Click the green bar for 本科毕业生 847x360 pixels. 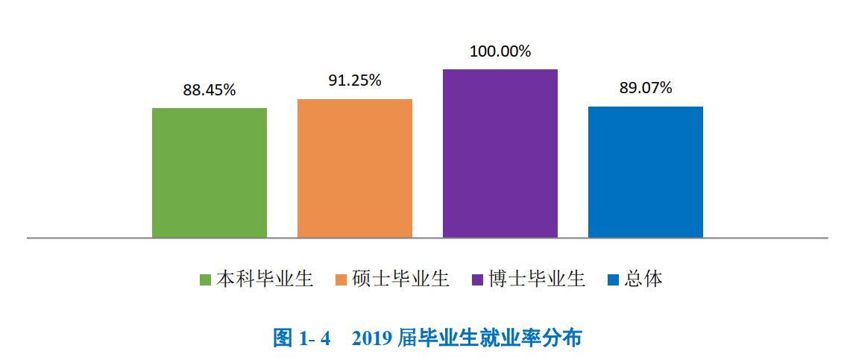[210, 173]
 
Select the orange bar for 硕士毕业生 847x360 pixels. [355, 168]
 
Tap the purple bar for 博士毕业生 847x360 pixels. [500, 154]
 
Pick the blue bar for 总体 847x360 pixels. [645, 172]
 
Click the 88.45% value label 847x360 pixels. [210, 90]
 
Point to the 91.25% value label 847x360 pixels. [355, 80]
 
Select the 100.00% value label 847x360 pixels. [500, 51]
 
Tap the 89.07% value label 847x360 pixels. [645, 88]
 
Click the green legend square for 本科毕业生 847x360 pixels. [206, 280]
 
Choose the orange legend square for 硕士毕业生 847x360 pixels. [341, 280]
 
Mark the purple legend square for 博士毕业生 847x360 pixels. [478, 280]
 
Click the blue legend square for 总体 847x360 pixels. [614, 280]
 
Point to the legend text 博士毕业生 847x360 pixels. [537, 280]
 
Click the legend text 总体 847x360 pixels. [643, 280]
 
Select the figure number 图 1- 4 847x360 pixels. [301, 338]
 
